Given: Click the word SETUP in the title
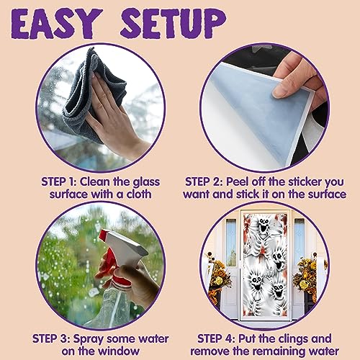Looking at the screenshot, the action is tap(174, 23).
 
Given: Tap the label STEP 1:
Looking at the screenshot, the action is tap(59, 181).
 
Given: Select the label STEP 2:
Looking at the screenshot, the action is tap(204, 181).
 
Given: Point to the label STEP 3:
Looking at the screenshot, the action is tap(51, 338).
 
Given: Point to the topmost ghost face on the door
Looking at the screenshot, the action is tap(264, 225).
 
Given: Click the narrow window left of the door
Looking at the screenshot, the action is tap(231, 243).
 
